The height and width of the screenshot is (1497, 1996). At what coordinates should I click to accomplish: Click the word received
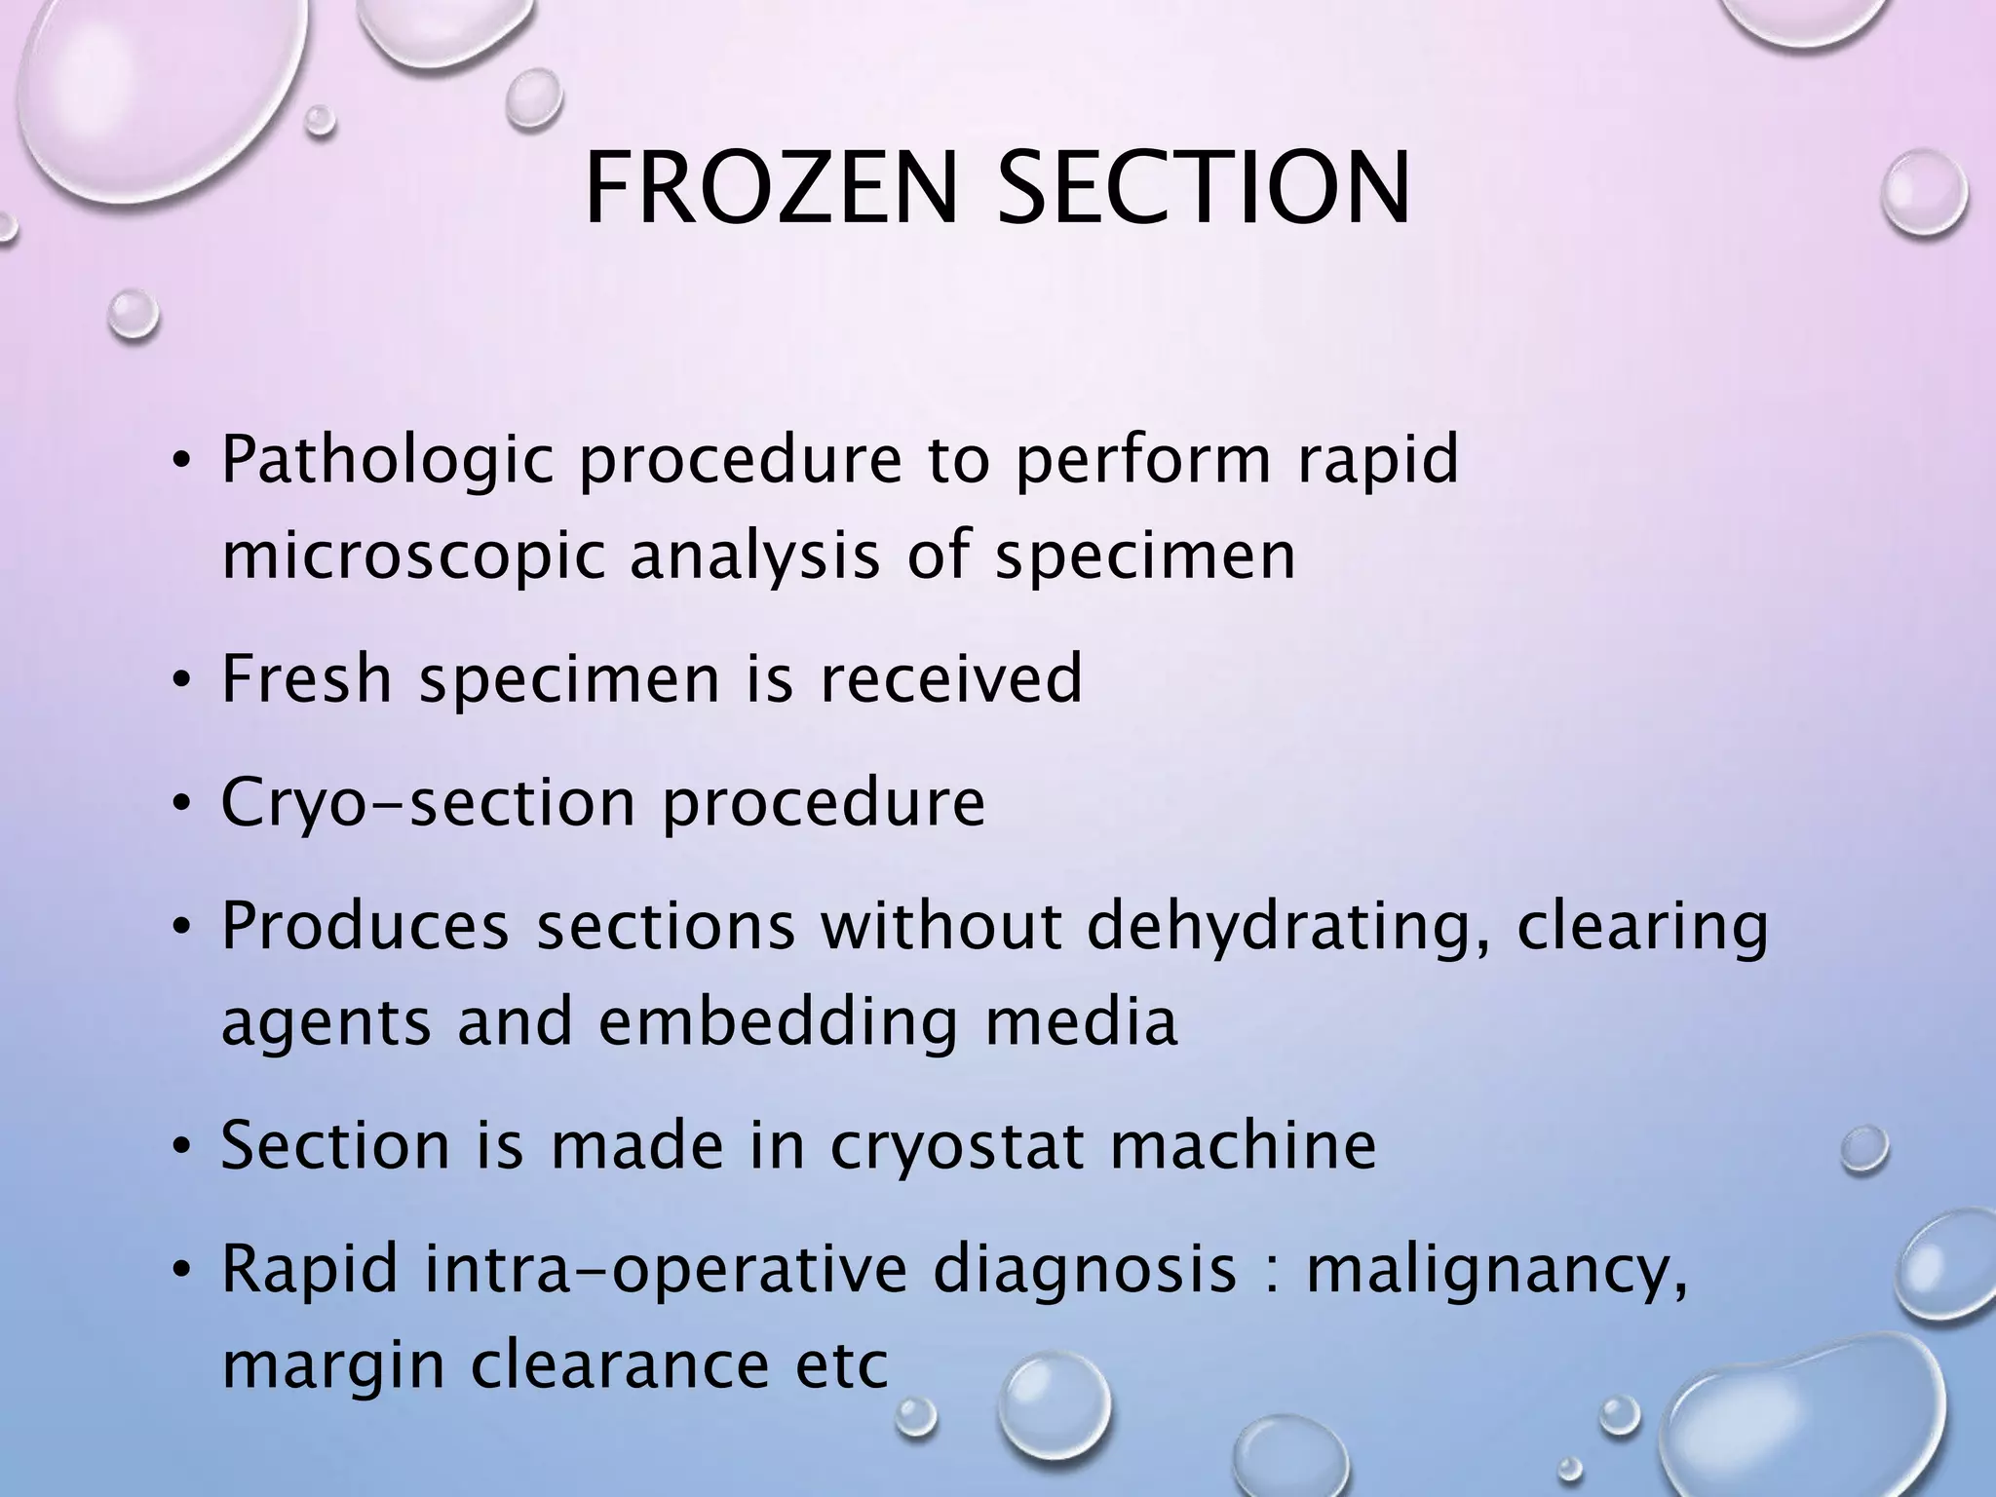tap(951, 678)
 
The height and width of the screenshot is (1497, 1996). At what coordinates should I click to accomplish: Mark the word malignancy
tap(1495, 1273)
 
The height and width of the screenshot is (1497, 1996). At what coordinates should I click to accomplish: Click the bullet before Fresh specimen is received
tap(180, 681)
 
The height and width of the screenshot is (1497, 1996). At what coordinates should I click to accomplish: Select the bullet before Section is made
tap(180, 1149)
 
